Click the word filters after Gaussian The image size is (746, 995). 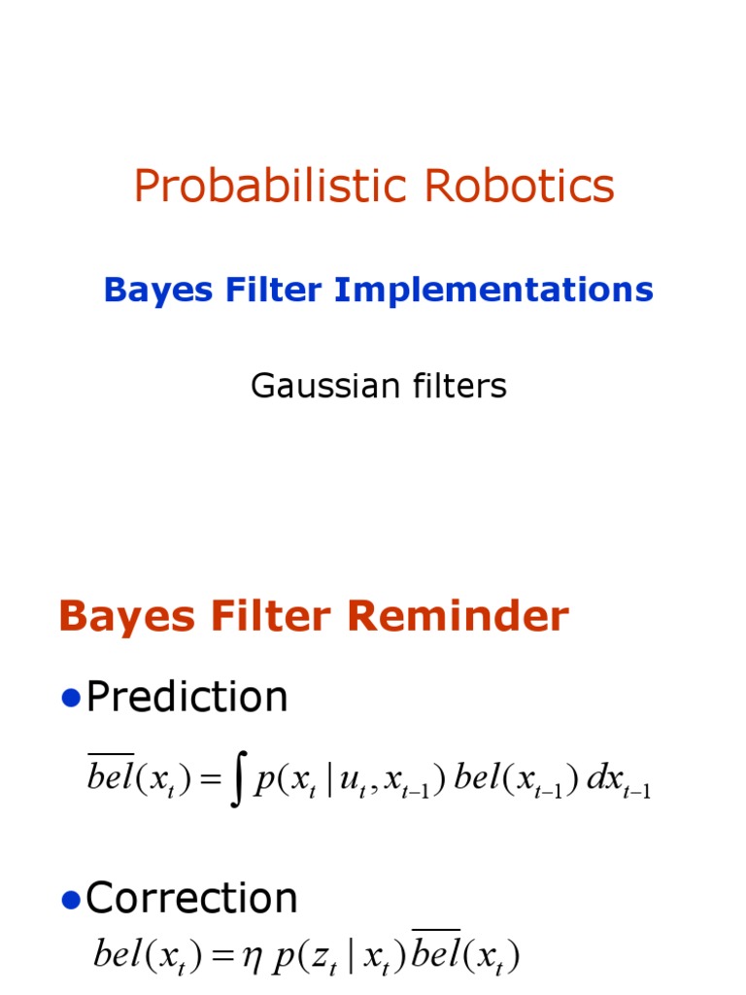click(x=458, y=387)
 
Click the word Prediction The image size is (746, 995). click(x=186, y=698)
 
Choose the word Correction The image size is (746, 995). click(x=191, y=899)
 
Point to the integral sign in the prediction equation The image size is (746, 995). click(x=236, y=783)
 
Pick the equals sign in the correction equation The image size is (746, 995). click(x=227, y=957)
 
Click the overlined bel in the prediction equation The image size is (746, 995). click(x=110, y=778)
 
